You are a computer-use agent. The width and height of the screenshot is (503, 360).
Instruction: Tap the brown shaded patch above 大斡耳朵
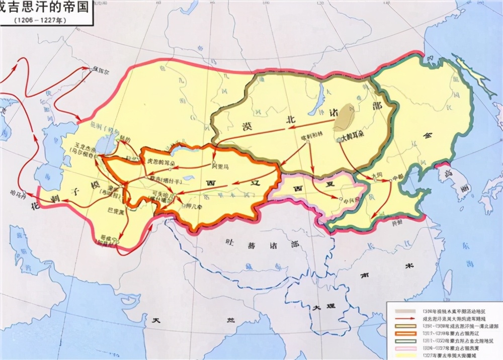pyautogui.click(x=346, y=117)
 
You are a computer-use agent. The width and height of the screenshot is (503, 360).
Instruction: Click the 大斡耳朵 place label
pyautogui.click(x=353, y=137)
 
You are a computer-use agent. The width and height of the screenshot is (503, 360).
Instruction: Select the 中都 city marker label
pyautogui.click(x=398, y=177)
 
